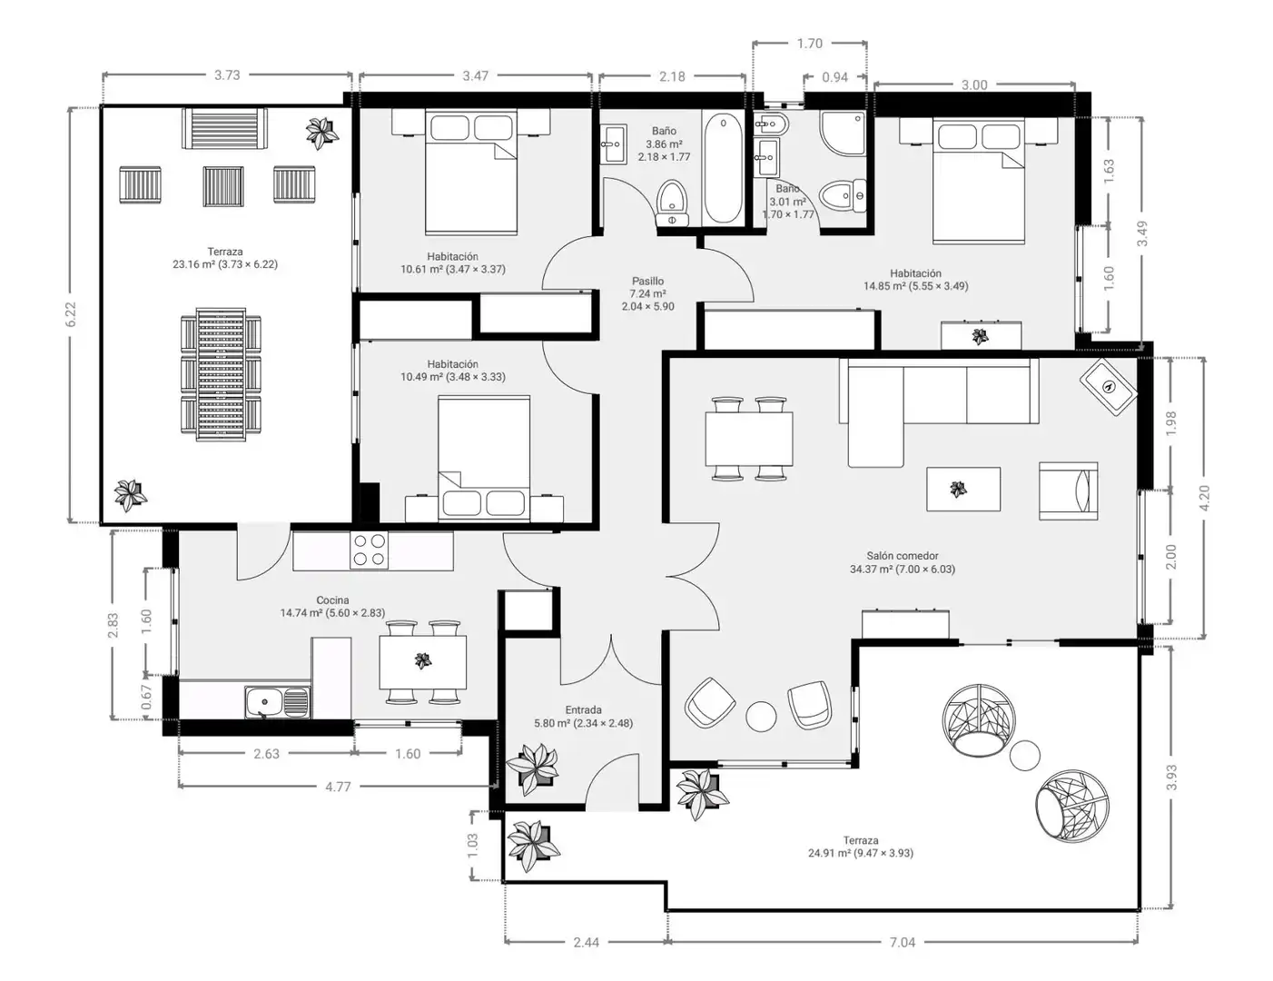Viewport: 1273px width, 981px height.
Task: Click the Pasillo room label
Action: click(x=647, y=282)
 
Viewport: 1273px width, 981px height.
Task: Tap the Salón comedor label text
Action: click(x=903, y=556)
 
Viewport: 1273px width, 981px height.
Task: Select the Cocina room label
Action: click(x=332, y=600)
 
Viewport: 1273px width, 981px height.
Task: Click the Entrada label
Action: click(x=583, y=710)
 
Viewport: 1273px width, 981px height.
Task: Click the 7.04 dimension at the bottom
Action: click(x=903, y=942)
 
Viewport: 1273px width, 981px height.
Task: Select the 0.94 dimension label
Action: click(x=834, y=77)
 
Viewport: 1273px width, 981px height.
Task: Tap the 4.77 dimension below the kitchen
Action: click(x=338, y=787)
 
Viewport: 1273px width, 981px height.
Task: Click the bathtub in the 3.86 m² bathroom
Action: click(x=723, y=169)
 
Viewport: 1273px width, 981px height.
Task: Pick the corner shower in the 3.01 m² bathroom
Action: click(x=843, y=133)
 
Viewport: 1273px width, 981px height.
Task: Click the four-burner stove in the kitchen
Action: click(x=369, y=550)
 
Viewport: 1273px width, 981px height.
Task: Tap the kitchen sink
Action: click(x=277, y=702)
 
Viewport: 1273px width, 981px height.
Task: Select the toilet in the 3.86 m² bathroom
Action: click(x=671, y=203)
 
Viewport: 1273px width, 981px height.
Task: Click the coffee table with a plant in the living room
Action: click(x=963, y=489)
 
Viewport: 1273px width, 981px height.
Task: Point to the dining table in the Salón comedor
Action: click(x=749, y=439)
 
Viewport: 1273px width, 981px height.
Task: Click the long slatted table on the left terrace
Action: click(x=221, y=375)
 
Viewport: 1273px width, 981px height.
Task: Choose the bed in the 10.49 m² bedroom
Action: click(x=484, y=459)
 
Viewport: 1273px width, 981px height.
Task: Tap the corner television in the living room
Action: click(x=1109, y=388)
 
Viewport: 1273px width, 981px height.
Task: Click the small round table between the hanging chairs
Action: click(x=1024, y=756)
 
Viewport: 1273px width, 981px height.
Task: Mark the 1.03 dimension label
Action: click(x=473, y=846)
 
